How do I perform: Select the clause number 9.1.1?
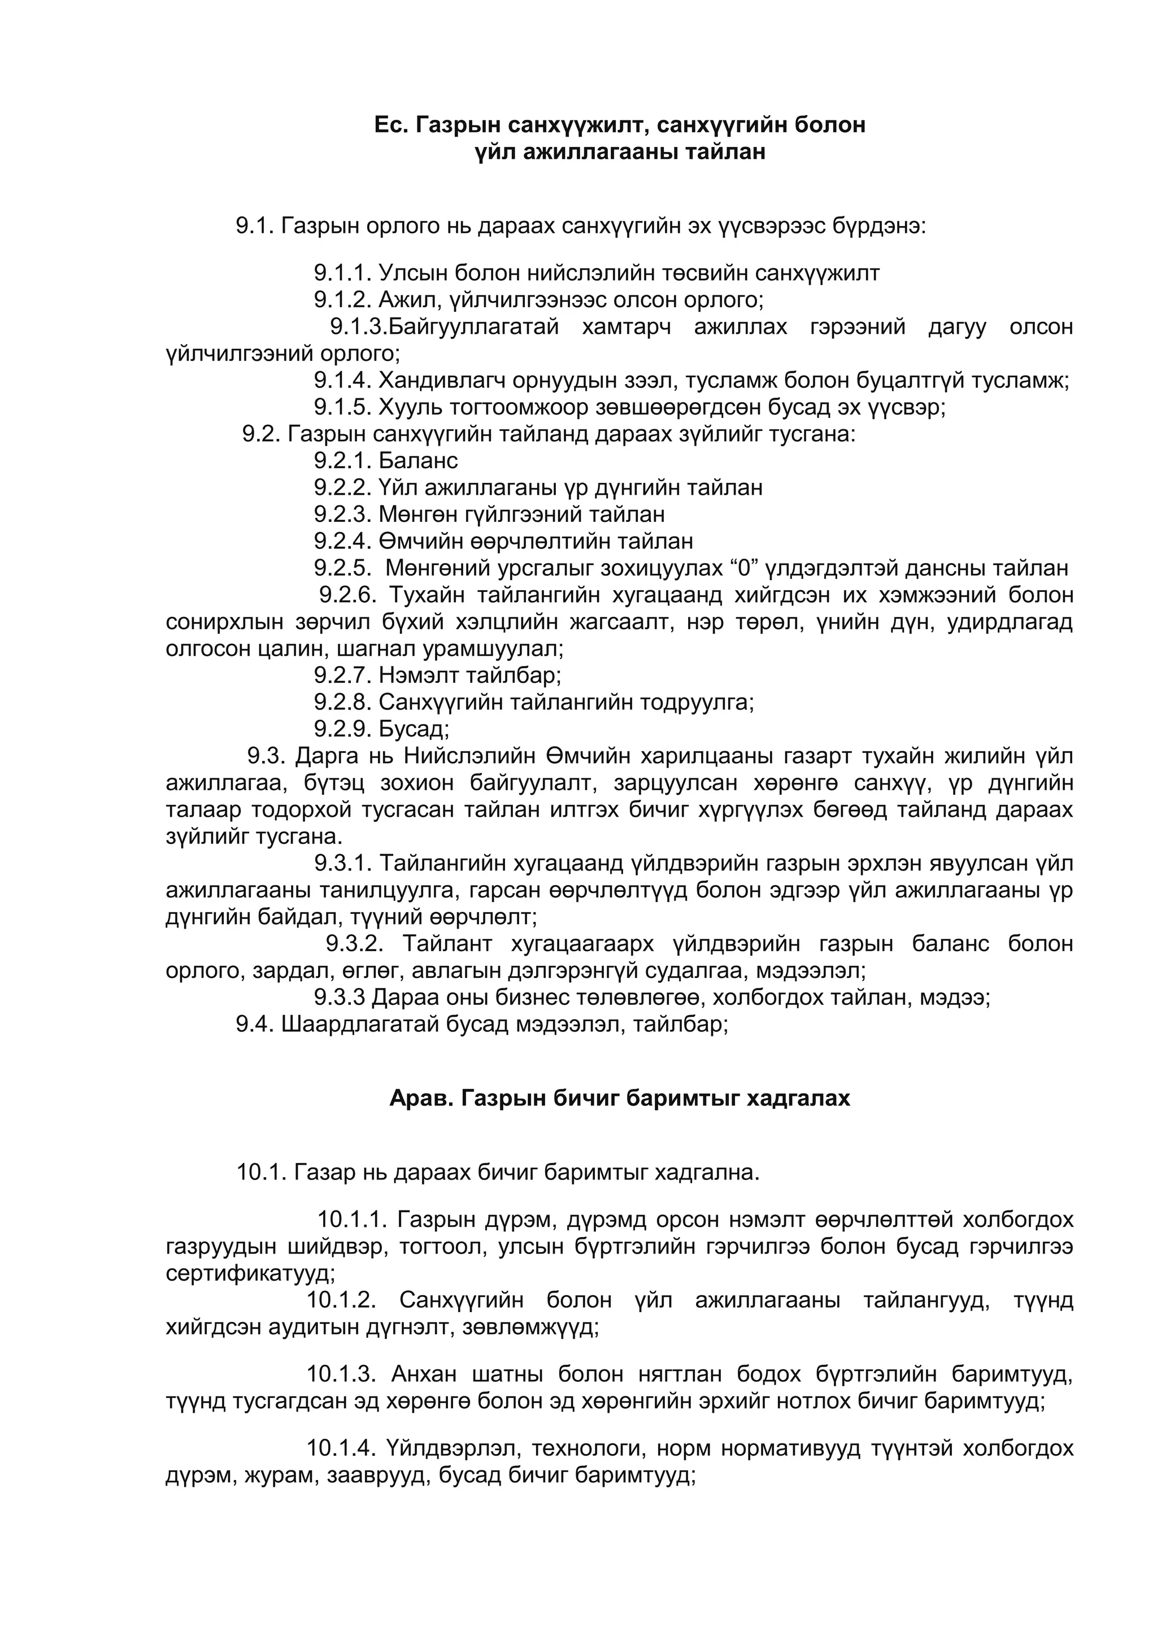(x=343, y=273)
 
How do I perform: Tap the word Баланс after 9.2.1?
(x=419, y=460)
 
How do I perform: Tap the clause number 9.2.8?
(x=343, y=702)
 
